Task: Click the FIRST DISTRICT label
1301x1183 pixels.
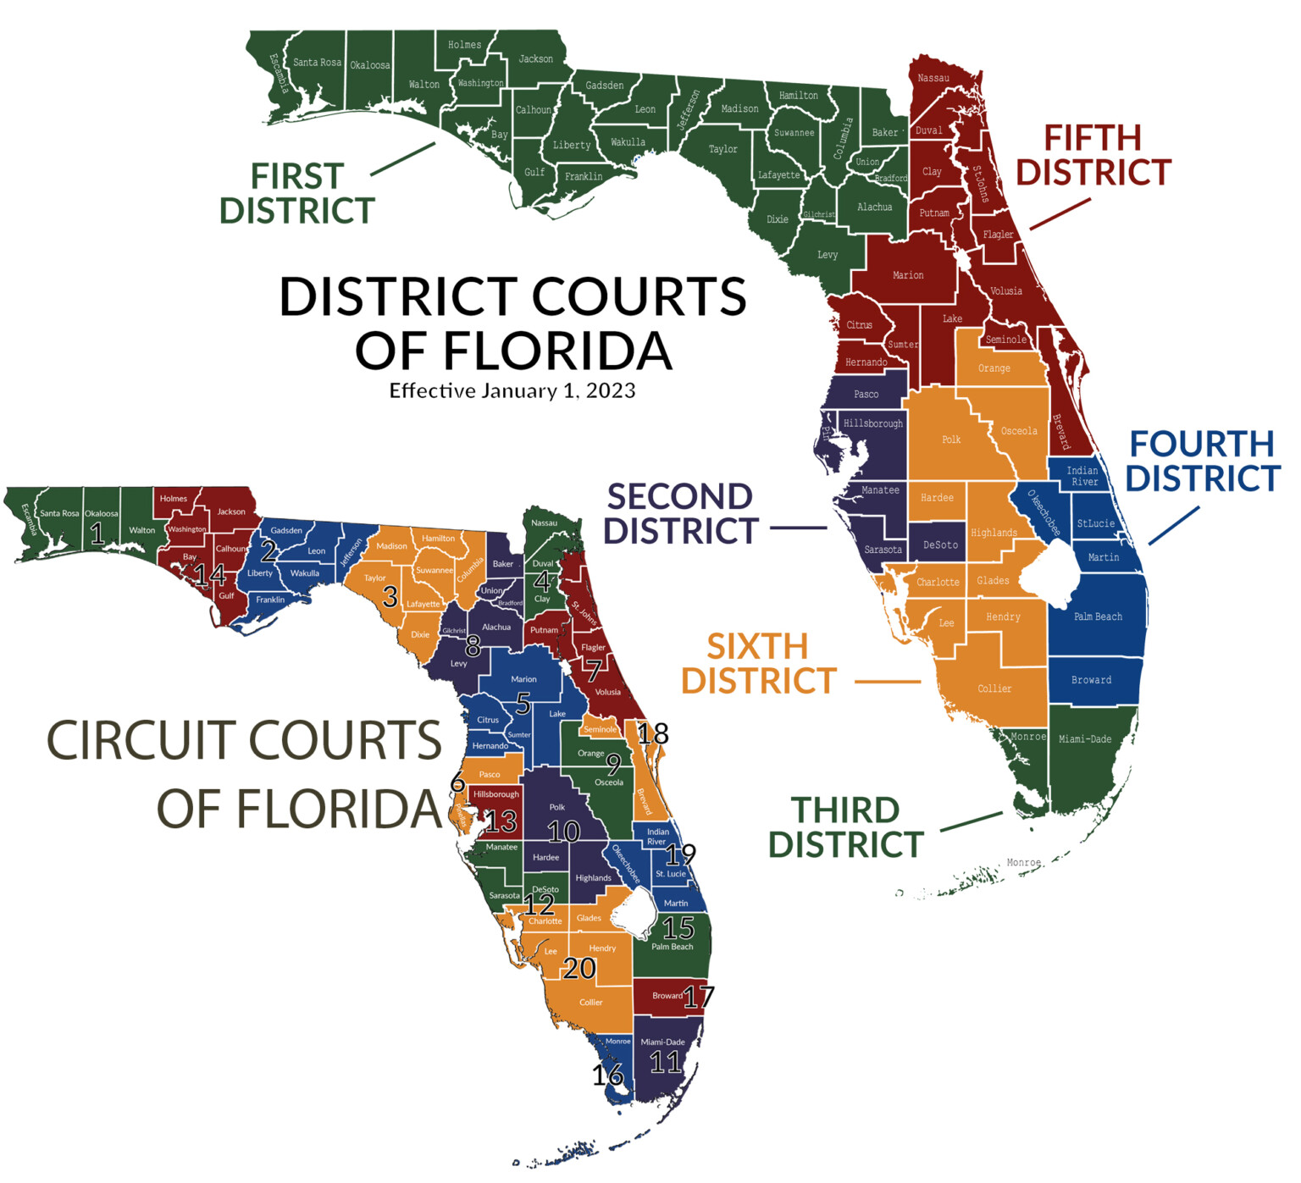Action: point(296,194)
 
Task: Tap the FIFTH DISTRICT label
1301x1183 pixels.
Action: point(1093,155)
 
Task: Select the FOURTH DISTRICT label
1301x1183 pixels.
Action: point(1202,462)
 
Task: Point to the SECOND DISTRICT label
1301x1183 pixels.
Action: point(680,514)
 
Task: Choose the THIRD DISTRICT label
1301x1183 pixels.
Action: point(845,828)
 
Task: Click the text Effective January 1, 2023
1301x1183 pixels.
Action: point(512,390)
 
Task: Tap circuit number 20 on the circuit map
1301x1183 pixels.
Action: point(579,968)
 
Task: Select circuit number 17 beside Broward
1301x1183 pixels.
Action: point(699,998)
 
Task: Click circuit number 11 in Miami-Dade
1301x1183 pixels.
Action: point(666,1062)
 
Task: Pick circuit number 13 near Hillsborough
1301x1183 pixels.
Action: point(501,821)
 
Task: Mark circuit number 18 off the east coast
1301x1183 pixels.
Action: point(653,733)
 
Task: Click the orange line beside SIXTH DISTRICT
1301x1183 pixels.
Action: point(887,681)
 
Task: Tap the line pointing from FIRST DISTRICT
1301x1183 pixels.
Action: point(402,159)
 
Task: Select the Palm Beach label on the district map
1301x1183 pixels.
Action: point(1098,616)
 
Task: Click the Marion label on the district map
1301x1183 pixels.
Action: point(907,275)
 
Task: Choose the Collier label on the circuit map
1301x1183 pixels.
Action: point(590,1003)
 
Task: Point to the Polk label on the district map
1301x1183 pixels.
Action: point(951,439)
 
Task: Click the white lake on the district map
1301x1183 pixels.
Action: point(1049,576)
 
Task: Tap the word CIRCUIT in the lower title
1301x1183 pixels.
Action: point(244,741)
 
